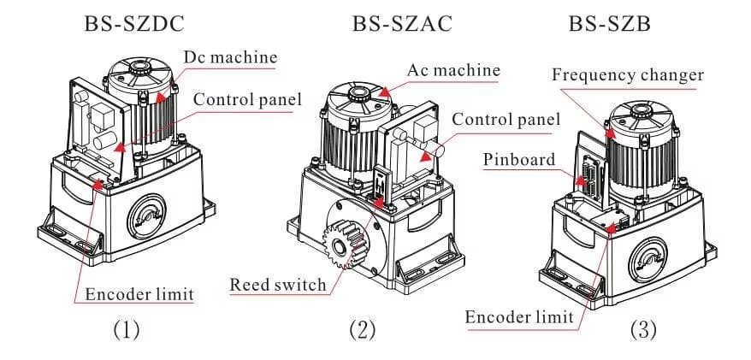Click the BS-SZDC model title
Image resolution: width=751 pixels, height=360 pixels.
pyautogui.click(x=134, y=23)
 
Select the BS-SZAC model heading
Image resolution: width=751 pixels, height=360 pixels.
pyautogui.click(x=402, y=23)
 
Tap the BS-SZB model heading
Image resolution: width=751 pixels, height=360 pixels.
pyautogui.click(x=609, y=23)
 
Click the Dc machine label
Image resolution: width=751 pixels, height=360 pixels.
pyautogui.click(x=231, y=57)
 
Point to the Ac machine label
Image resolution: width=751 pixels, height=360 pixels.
pyautogui.click(x=453, y=70)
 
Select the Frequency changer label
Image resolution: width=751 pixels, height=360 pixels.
pyautogui.click(x=628, y=75)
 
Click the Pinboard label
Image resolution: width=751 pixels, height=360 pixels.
pyautogui.click(x=519, y=159)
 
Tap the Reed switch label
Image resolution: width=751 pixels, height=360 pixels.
pyautogui.click(x=278, y=285)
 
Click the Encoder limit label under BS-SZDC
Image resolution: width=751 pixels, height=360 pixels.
pyautogui.click(x=139, y=294)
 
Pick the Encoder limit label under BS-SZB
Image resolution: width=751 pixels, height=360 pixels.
pyautogui.click(x=519, y=316)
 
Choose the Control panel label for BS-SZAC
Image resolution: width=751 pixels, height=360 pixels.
pyautogui.click(x=506, y=119)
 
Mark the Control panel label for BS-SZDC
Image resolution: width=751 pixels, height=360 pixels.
pyautogui.click(x=247, y=99)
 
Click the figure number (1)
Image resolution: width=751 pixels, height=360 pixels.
pyautogui.click(x=127, y=330)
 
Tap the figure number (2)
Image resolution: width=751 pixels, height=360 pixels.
pyautogui.click(x=363, y=330)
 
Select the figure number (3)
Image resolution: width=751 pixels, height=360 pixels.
pyautogui.click(x=642, y=330)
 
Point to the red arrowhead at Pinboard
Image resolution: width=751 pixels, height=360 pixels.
pyautogui.click(x=580, y=180)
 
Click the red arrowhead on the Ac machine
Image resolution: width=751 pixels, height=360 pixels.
pyautogui.click(x=383, y=91)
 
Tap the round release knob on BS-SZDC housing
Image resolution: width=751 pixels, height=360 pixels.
pyautogui.click(x=146, y=216)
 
